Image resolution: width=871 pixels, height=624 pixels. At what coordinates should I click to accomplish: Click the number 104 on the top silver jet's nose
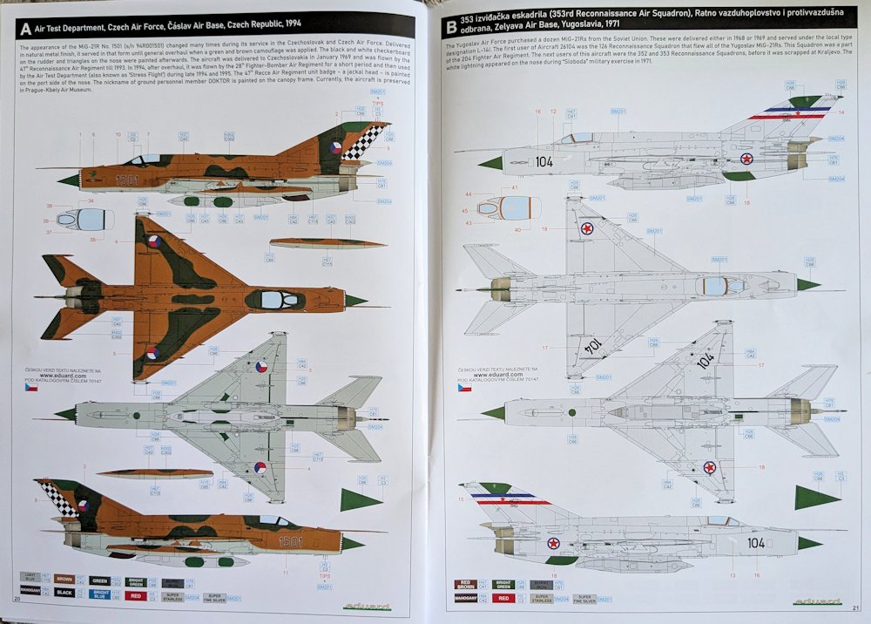point(544,161)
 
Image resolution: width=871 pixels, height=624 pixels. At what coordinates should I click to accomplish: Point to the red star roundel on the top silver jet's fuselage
point(746,159)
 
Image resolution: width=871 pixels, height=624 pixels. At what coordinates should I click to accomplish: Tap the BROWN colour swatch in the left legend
point(64,577)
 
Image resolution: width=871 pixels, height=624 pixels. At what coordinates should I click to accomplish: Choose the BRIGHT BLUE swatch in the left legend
point(98,593)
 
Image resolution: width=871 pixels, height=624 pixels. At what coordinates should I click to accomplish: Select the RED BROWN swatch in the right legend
point(465,585)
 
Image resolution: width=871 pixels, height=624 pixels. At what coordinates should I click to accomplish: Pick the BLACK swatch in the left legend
point(64,593)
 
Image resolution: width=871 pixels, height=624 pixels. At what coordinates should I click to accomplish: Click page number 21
point(856,607)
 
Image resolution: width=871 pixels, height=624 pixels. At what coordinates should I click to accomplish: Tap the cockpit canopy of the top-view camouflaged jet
point(275,299)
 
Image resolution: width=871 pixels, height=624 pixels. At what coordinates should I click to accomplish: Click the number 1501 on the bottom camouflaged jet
point(290,540)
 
